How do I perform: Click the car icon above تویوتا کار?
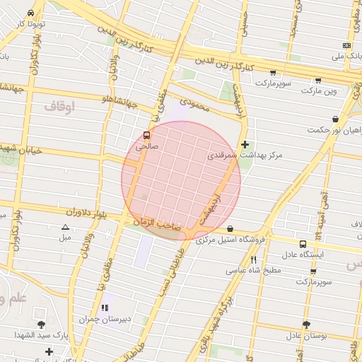pyautogui.click(x=31, y=13)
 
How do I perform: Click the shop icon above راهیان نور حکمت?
pyautogui.click(x=334, y=119)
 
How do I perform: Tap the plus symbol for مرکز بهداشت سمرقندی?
pyautogui.click(x=245, y=144)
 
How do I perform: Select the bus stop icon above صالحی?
pyautogui.click(x=146, y=135)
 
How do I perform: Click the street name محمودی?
pyautogui.click(x=195, y=103)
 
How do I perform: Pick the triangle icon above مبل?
pyautogui.click(x=65, y=227)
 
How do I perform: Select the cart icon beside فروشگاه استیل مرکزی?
pyautogui.click(x=230, y=229)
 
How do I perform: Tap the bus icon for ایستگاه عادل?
pyautogui.click(x=303, y=243)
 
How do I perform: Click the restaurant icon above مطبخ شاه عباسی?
pyautogui.click(x=253, y=259)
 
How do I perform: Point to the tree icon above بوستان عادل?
pyautogui.click(x=306, y=325)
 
